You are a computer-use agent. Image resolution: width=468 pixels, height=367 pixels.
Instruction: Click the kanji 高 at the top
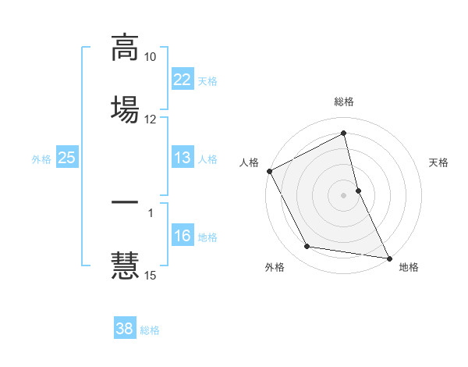(125, 47)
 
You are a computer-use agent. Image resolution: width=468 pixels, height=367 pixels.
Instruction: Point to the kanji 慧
(125, 263)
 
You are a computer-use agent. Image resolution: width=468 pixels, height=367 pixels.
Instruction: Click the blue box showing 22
(182, 80)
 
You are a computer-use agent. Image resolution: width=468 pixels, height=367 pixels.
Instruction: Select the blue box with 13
(182, 158)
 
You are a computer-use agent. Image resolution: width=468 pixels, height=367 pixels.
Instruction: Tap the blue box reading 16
(182, 236)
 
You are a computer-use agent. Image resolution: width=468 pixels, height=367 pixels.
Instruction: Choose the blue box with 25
(66, 158)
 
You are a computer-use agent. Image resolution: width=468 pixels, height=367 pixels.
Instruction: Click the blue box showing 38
(124, 329)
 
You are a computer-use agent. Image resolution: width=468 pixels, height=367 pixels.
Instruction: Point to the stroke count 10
(151, 58)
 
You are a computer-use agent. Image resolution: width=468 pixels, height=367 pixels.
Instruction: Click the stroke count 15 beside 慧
(151, 275)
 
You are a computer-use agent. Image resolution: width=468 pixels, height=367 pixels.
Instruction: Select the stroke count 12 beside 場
(151, 119)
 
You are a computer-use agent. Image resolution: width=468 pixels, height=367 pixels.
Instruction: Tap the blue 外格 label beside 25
(41, 159)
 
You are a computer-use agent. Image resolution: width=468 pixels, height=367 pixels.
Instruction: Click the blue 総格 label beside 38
(150, 330)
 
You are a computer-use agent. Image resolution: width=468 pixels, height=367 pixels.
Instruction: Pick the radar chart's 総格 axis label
(344, 102)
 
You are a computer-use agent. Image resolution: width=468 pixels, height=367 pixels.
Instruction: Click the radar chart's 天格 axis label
(439, 162)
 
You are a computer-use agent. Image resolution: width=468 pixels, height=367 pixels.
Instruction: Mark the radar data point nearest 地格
(388, 257)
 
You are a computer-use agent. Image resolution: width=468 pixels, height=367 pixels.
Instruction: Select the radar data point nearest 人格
(269, 171)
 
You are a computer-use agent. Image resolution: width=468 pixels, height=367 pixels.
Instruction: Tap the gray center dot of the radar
(344, 194)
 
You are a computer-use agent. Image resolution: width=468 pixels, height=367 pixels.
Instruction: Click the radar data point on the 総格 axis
(344, 134)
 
